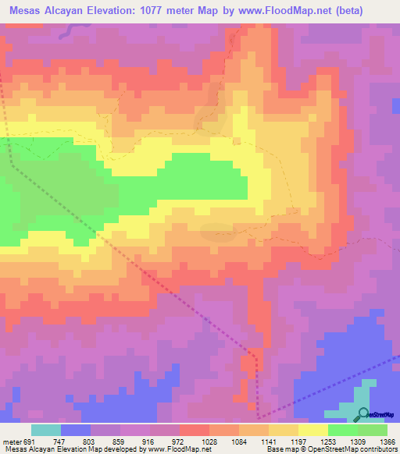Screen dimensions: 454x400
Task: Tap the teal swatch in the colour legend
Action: [x=46, y=430]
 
